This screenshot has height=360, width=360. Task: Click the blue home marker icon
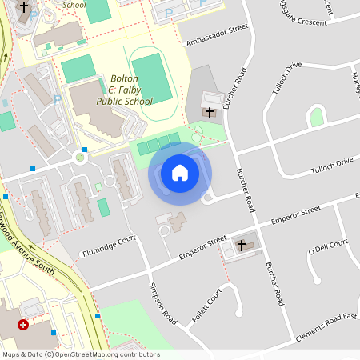(x=179, y=173)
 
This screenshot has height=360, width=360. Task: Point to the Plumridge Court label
(x=110, y=246)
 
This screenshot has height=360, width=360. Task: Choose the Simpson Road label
(x=162, y=302)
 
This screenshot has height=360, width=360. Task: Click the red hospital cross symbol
(x=23, y=325)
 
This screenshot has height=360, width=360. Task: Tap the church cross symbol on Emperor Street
(x=241, y=246)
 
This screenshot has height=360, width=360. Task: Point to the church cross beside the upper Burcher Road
(x=210, y=113)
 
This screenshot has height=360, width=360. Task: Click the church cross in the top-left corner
(x=24, y=7)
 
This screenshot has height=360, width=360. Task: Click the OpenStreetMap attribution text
(x=81, y=354)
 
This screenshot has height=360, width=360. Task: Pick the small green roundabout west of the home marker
(x=80, y=158)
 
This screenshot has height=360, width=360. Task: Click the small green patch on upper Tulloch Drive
(x=317, y=118)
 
